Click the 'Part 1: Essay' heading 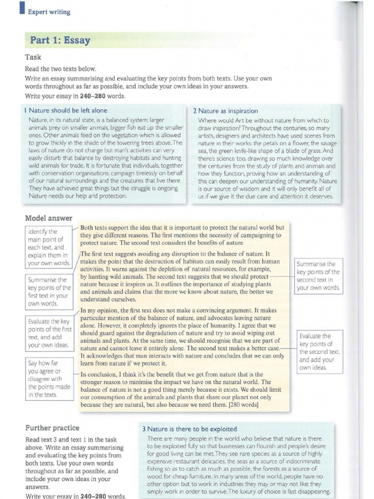[60, 40]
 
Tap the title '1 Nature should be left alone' [65, 111]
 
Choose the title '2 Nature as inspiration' [225, 111]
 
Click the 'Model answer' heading [49, 218]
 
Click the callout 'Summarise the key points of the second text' [318, 276]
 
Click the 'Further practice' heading [52, 428]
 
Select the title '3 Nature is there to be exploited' [189, 429]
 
